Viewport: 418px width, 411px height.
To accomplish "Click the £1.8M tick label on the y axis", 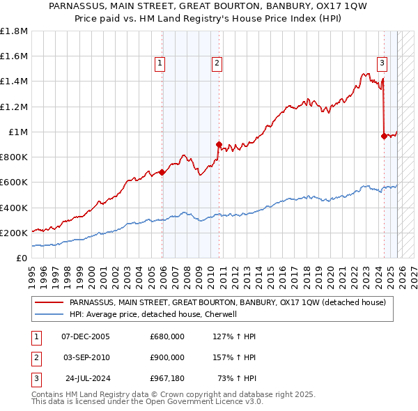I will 14,31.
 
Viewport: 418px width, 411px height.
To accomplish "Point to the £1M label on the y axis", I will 17,132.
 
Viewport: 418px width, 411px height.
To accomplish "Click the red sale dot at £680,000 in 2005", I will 162,172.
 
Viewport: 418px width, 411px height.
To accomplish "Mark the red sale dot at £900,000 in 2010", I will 219,145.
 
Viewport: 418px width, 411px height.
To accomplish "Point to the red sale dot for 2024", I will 384,137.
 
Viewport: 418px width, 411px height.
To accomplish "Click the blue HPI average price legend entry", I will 153,314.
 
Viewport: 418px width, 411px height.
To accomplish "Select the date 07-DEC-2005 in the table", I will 86,336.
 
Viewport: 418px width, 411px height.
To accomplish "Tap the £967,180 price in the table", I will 167,379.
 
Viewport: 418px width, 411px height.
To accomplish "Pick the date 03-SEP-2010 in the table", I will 86,357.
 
